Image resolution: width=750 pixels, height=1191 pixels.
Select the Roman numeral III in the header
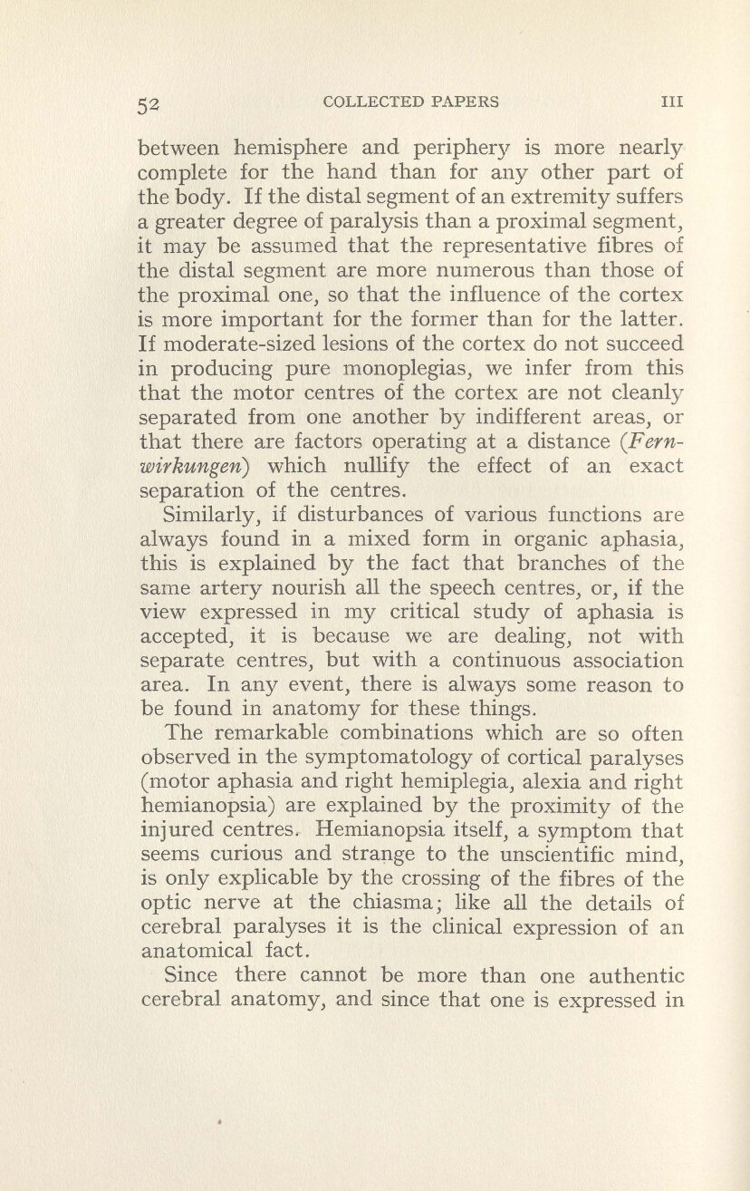click(x=669, y=102)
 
